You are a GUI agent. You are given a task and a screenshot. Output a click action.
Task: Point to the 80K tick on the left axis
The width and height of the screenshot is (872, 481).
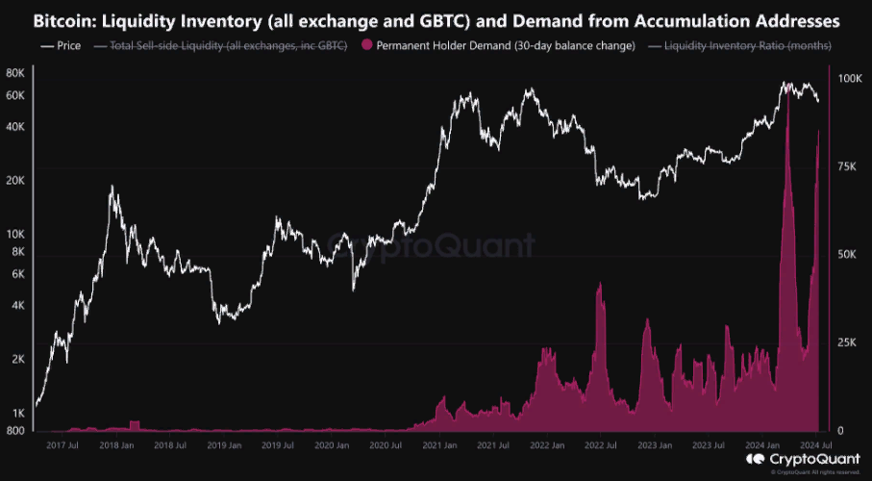pyautogui.click(x=15, y=73)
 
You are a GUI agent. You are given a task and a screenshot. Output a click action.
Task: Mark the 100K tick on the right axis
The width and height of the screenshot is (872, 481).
pyautogui.click(x=852, y=80)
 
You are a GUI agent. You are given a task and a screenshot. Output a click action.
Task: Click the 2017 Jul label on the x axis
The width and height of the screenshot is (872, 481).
pyautogui.click(x=62, y=445)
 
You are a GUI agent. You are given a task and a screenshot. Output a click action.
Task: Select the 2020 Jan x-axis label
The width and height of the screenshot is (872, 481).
pyautogui.click(x=332, y=445)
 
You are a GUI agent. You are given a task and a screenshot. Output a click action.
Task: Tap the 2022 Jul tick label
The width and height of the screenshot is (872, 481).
pyautogui.click(x=600, y=445)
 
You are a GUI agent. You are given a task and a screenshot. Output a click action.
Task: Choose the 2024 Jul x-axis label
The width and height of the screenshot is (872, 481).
pyautogui.click(x=815, y=445)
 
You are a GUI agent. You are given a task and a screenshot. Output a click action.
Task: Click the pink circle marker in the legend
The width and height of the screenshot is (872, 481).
pyautogui.click(x=366, y=45)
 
